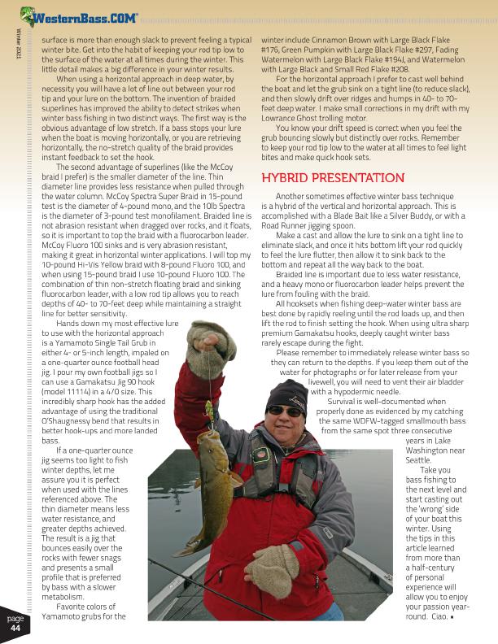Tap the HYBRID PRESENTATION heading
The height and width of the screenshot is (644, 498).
333,178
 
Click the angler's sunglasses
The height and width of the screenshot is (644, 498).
285,411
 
